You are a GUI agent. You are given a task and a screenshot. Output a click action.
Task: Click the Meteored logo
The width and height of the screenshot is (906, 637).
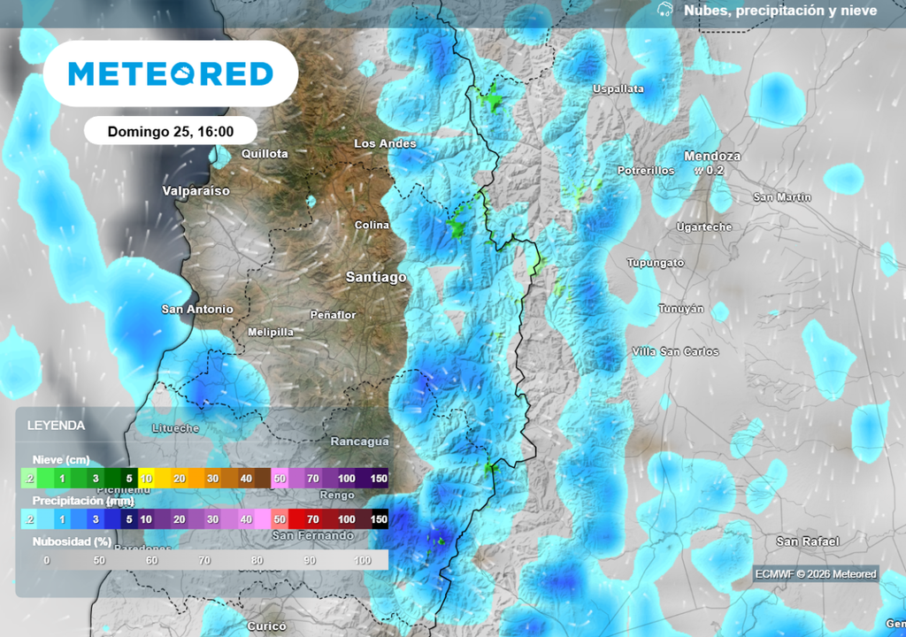(170, 73)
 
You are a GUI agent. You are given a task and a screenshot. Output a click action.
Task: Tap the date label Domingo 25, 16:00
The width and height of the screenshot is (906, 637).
(170, 131)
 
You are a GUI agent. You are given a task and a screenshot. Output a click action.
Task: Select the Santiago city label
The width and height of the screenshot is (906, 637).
(376, 277)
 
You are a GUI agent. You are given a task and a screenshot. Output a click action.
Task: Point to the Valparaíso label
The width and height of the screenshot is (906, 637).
(196, 190)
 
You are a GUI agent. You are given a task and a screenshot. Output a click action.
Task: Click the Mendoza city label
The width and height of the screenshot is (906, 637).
(711, 156)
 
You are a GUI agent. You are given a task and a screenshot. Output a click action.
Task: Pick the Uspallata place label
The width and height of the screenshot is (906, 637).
(618, 88)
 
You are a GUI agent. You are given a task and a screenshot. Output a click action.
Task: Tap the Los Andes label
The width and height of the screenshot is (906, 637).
(385, 143)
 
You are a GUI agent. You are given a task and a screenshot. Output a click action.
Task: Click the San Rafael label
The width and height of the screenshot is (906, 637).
(807, 541)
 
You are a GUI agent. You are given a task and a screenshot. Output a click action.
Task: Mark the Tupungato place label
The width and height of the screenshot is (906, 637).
(655, 263)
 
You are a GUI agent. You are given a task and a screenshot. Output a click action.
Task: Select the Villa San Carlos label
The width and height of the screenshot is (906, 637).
(675, 351)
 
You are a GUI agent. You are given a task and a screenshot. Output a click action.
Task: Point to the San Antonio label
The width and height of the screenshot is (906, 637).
(196, 309)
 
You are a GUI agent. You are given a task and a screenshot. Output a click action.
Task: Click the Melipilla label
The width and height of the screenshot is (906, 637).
(270, 332)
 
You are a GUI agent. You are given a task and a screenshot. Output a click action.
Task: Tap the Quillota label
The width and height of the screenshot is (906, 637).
(265, 153)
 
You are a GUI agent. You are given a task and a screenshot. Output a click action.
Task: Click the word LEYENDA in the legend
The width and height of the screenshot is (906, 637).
(56, 425)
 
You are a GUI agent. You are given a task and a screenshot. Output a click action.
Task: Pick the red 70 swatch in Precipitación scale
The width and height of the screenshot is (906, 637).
(312, 518)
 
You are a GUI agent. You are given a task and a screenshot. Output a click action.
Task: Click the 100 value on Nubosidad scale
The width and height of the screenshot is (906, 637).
(363, 560)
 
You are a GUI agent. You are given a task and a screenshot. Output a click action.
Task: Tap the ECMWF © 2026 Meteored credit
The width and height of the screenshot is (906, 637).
(815, 574)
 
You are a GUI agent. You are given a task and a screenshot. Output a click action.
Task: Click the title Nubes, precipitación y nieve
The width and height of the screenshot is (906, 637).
(779, 11)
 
